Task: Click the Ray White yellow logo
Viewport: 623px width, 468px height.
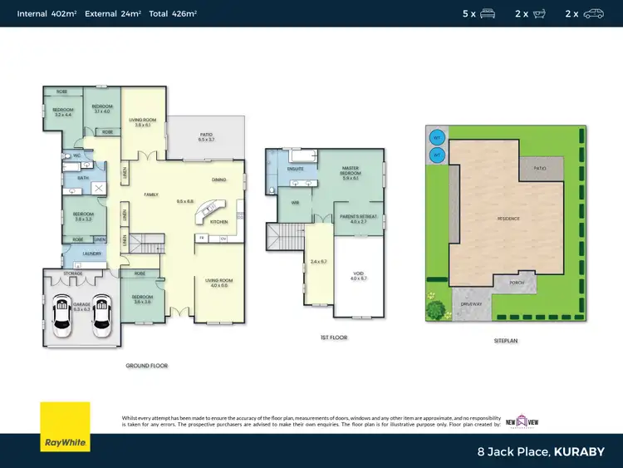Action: pyautogui.click(x=66, y=426)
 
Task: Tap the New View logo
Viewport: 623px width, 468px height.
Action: pyautogui.click(x=528, y=421)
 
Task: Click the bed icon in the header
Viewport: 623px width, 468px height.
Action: pyautogui.click(x=488, y=13)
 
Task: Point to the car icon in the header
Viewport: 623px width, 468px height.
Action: pyautogui.click(x=593, y=13)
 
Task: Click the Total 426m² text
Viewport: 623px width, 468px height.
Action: pyautogui.click(x=173, y=13)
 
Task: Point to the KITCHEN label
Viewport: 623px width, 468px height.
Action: pyautogui.click(x=218, y=222)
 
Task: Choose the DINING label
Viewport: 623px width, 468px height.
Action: pyautogui.click(x=218, y=180)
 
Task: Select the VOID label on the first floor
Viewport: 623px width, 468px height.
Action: pyautogui.click(x=358, y=275)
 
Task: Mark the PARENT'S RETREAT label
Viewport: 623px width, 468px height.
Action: pyautogui.click(x=358, y=218)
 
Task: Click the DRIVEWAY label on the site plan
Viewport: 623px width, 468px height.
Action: pyautogui.click(x=471, y=304)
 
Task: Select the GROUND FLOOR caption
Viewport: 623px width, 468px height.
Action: pyautogui.click(x=146, y=366)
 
